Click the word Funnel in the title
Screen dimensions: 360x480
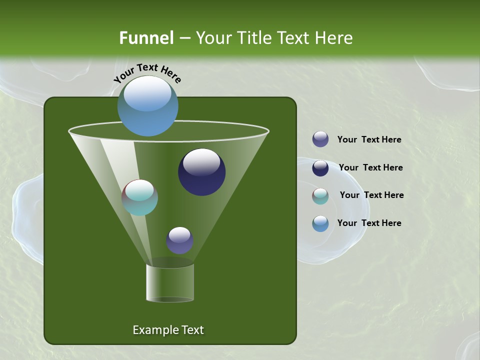point(146,38)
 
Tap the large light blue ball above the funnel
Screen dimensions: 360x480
point(148,106)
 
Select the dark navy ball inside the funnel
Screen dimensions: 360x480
point(201,172)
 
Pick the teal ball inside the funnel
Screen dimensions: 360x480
point(140,197)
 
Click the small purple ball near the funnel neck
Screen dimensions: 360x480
point(179,240)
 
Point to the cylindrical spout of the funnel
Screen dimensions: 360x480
point(170,283)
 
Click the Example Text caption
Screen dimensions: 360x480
point(168,330)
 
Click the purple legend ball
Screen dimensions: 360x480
point(320,139)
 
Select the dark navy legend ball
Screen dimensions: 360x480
point(320,168)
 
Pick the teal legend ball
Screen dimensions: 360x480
point(320,196)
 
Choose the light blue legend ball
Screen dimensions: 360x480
point(320,223)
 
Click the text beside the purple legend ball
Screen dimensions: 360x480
point(369,140)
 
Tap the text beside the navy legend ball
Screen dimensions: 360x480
point(370,168)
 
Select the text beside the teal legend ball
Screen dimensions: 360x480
point(371,195)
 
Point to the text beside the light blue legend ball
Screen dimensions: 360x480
point(369,223)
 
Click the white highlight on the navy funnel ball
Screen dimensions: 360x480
point(201,162)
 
